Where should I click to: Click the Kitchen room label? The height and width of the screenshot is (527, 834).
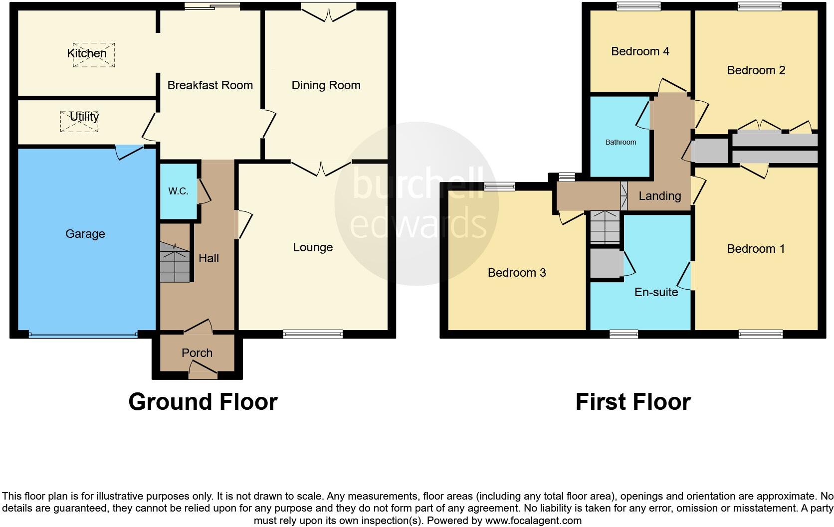point(87,53)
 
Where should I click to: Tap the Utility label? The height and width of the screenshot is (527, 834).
point(84,117)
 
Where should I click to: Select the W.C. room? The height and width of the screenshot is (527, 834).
point(178,191)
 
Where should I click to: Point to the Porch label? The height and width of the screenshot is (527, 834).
point(197,353)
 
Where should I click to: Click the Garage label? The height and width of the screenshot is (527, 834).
point(85,234)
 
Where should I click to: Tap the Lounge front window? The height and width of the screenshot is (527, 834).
point(313,334)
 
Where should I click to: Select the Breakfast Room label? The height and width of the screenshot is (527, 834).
point(210,85)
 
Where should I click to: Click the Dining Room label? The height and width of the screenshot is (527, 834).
point(326,85)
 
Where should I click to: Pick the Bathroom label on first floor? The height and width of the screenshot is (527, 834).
point(621,142)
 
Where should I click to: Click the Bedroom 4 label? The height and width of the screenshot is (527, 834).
point(640,51)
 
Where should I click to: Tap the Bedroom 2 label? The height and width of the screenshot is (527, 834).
point(756,70)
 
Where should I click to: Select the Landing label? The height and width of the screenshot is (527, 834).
point(659,196)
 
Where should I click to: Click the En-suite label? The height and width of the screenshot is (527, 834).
point(656,292)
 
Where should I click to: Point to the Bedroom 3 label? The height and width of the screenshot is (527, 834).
point(517,273)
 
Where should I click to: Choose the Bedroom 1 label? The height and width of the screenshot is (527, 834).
point(756,249)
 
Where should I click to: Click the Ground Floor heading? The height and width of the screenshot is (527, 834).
point(203,402)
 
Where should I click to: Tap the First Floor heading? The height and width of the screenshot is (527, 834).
point(632,402)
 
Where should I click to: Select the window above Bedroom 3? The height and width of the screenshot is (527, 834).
point(499,186)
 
